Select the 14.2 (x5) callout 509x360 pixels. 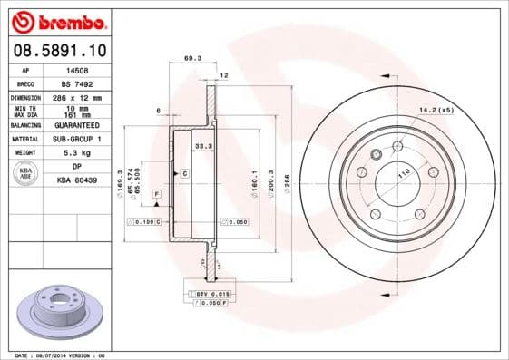(435, 111)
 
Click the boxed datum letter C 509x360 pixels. (184, 172)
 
